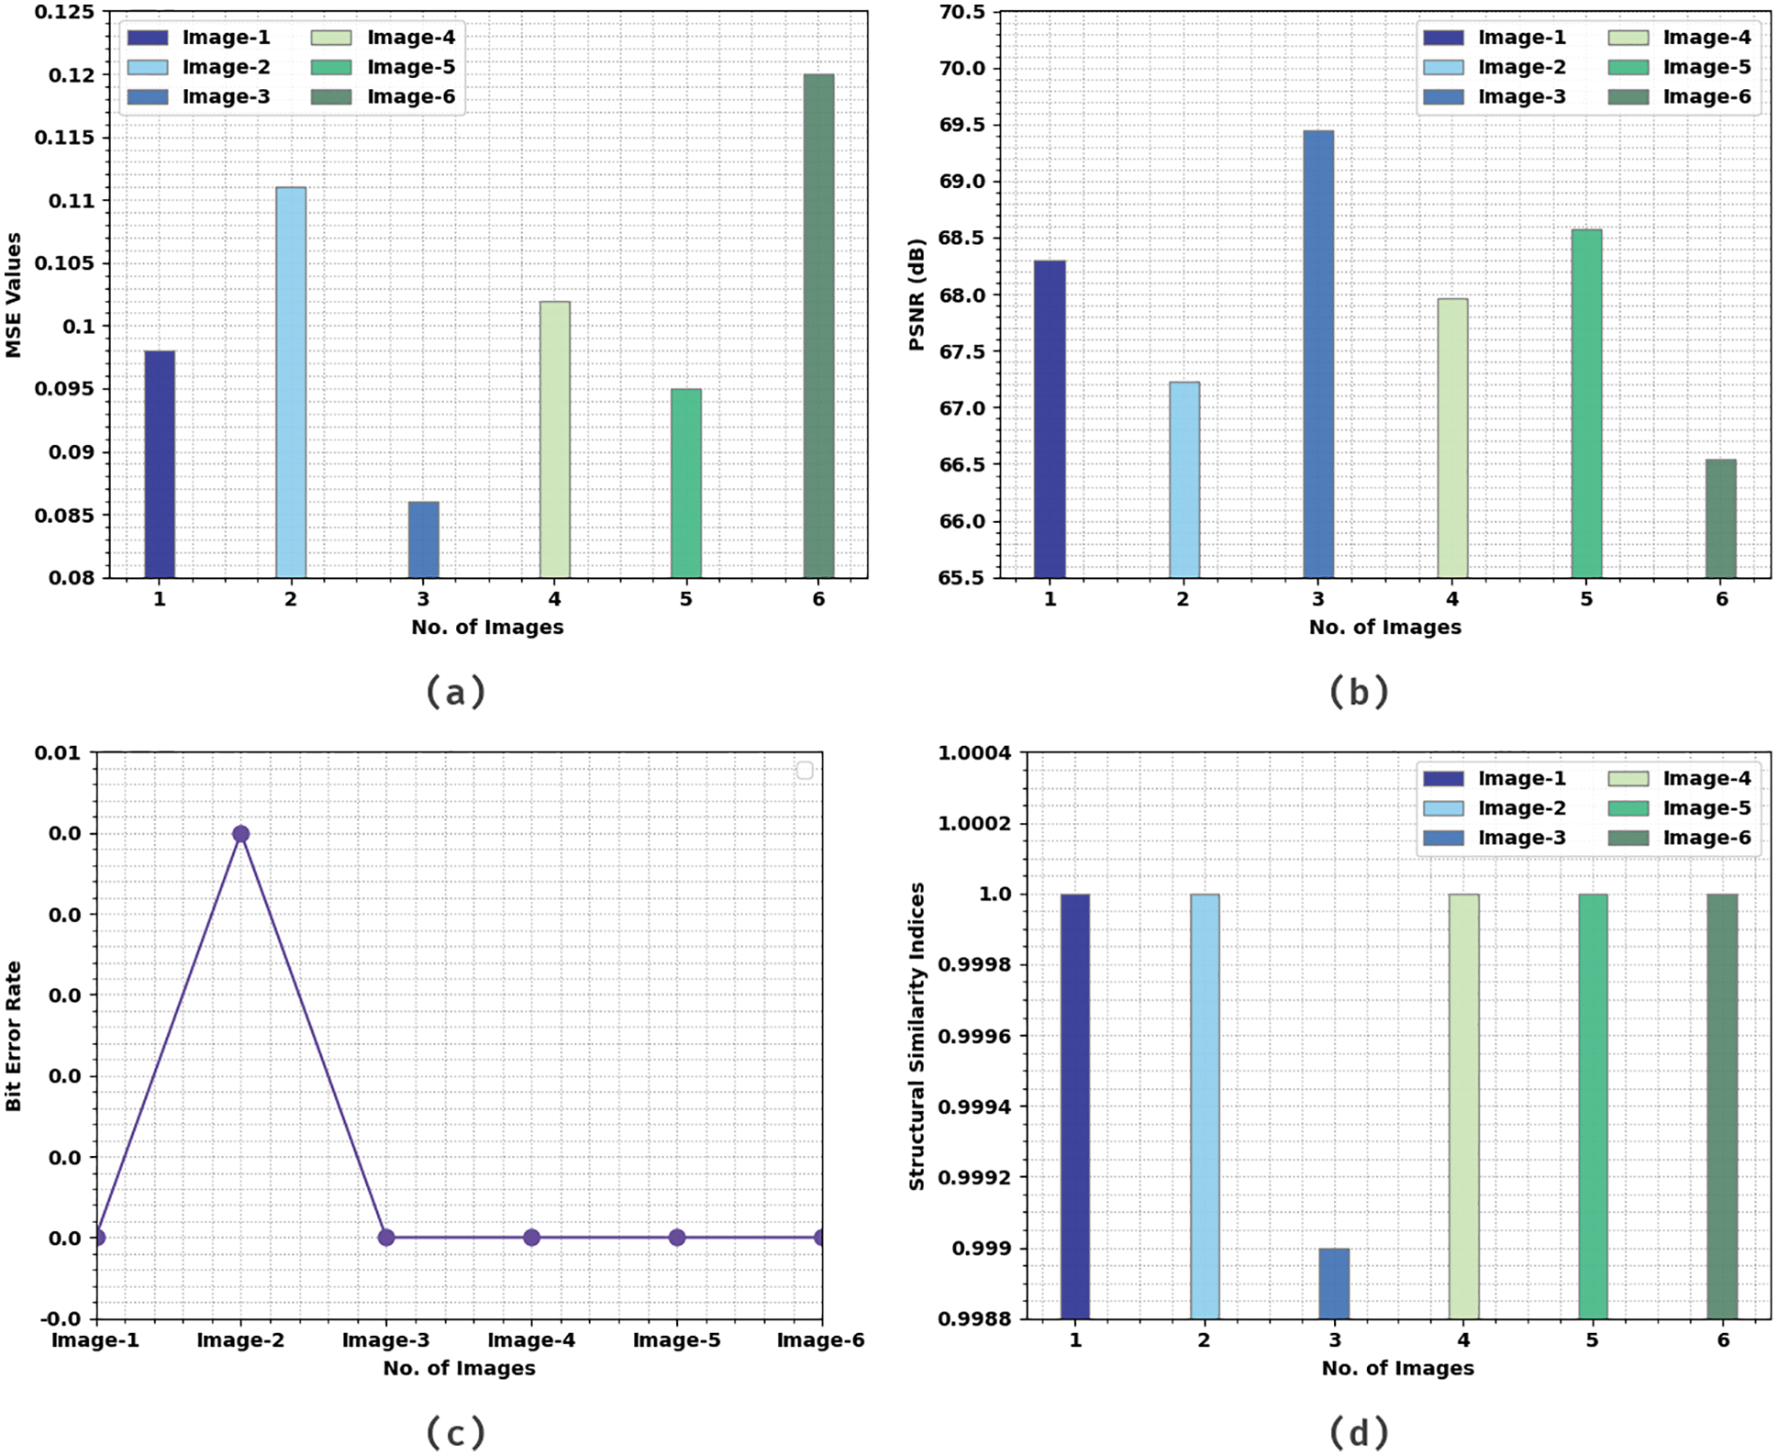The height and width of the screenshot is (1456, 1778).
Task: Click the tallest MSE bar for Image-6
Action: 818,326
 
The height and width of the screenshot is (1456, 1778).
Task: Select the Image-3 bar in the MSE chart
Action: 423,539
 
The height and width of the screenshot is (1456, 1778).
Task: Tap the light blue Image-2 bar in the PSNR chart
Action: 1183,480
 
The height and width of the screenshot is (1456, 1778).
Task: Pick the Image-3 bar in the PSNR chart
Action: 1318,354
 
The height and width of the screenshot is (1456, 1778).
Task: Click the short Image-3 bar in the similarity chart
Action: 1334,1284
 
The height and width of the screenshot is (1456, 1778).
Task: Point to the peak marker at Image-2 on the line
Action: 240,834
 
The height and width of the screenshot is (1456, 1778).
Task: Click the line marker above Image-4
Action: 531,1238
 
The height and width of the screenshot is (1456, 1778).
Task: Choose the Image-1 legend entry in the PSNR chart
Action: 1495,38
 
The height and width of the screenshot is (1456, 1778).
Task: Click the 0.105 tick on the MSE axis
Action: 64,263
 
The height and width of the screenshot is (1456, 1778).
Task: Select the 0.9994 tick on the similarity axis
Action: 973,1106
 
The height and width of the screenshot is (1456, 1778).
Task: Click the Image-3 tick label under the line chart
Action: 385,1340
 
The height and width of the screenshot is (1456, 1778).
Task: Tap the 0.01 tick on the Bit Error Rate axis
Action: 58,753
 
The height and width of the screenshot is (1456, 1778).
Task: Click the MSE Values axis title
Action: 14,295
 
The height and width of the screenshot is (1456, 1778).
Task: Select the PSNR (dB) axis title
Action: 917,295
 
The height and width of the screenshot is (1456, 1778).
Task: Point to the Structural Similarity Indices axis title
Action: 917,1036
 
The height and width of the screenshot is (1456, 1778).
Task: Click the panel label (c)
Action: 456,1431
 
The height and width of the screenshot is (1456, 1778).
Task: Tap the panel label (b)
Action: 1359,692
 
